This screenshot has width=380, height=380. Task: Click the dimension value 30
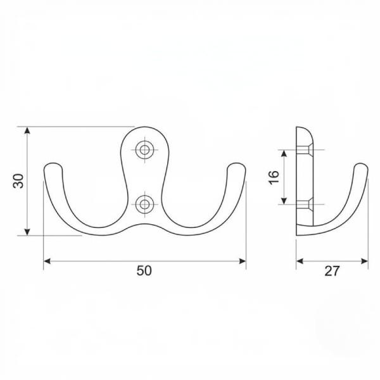(x=18, y=181)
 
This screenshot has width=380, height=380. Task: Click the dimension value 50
(x=144, y=270)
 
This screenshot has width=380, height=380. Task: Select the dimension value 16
(x=274, y=177)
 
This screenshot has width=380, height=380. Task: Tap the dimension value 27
(x=331, y=271)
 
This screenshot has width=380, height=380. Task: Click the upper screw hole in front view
(x=144, y=150)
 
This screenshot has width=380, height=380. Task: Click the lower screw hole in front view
(x=144, y=205)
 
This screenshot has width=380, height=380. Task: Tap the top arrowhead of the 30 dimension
(x=27, y=130)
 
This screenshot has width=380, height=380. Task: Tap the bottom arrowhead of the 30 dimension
(x=27, y=232)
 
